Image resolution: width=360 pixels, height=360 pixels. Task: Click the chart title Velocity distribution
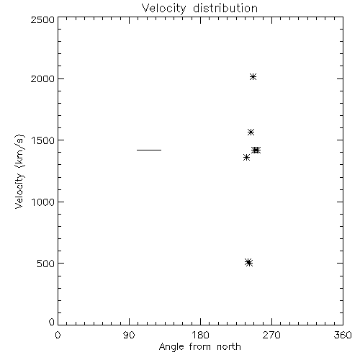pos(199,9)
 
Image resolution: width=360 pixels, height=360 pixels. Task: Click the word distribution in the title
pos(225,8)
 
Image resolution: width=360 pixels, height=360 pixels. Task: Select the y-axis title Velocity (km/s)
pos(19,171)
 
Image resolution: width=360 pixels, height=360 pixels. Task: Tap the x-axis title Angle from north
pos(199,347)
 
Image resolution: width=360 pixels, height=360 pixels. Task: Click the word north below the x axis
pos(229,346)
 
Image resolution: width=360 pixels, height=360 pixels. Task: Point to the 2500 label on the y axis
pos(42,19)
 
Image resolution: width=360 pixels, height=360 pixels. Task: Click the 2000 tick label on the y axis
pos(42,78)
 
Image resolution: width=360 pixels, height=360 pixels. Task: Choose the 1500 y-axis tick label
pos(43,140)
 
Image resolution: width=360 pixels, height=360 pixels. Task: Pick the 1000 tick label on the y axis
pos(43,202)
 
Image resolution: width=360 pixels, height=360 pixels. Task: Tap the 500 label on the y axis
pos(46,264)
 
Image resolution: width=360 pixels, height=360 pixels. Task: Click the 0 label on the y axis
pos(52,322)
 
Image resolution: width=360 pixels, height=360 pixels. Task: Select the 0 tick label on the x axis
pos(58,335)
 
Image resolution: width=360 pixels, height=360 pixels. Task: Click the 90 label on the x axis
pos(129,335)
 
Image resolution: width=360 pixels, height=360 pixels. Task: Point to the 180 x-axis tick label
pos(200,335)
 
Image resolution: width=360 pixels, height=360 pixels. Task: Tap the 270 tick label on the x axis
pos(271,335)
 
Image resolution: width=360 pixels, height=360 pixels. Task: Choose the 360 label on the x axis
pos(343,335)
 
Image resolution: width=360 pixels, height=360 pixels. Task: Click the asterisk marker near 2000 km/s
pos(253,77)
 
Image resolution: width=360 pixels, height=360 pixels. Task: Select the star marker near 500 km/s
pos(249,262)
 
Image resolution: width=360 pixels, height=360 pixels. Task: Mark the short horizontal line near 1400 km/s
pos(149,150)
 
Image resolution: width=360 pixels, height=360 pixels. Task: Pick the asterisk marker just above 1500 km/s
pos(251,132)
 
